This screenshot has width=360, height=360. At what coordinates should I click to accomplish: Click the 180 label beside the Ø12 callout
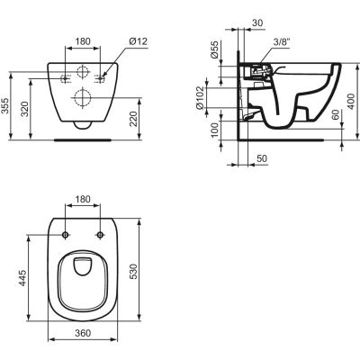click(82, 41)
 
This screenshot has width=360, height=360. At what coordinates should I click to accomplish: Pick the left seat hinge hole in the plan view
click(66, 235)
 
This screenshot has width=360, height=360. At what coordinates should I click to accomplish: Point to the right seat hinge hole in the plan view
click(98, 235)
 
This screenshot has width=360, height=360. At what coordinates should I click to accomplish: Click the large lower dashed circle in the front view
click(82, 98)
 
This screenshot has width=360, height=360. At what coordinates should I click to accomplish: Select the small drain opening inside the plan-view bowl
click(82, 265)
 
